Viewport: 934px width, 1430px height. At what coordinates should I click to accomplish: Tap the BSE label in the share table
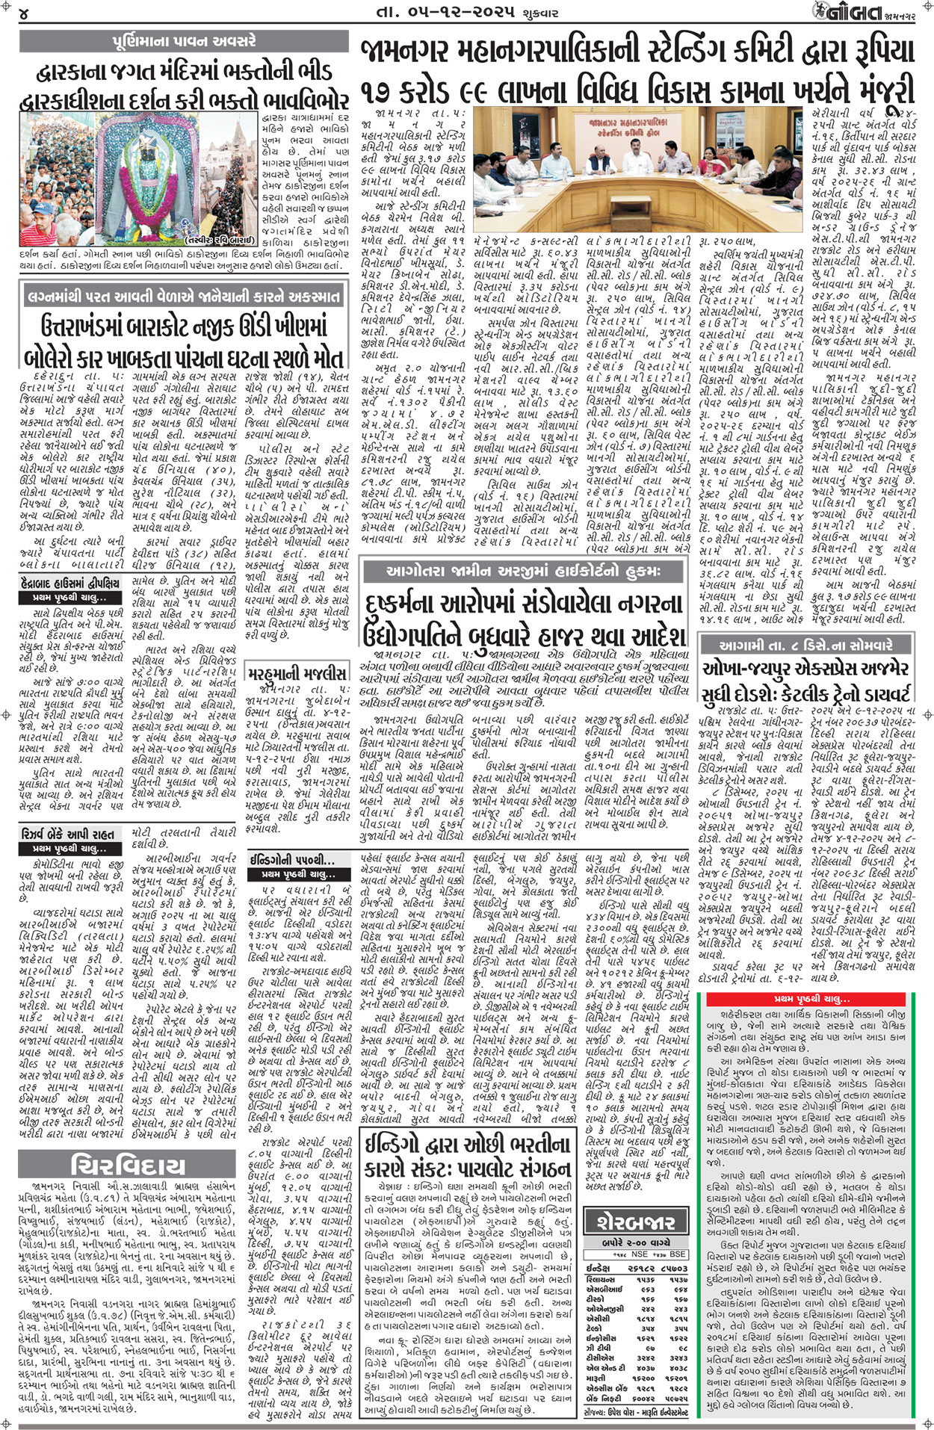678,1254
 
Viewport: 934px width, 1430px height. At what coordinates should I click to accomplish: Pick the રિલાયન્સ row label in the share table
601,1279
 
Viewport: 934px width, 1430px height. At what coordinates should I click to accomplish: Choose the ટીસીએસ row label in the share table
598,1358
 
